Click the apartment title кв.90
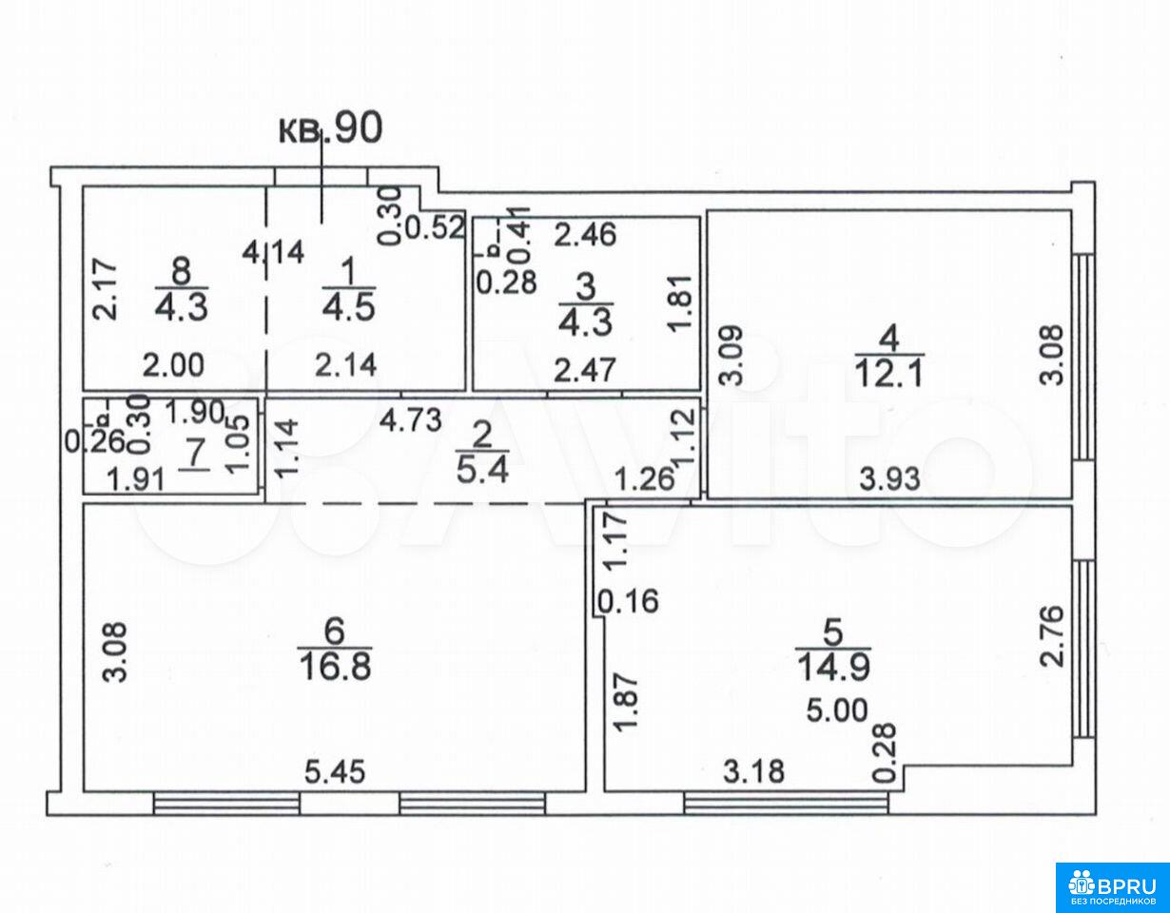coord(331,129)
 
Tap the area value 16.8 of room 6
coord(335,667)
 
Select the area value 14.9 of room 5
coord(833,668)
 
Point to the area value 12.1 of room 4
coord(889,373)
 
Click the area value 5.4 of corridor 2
coord(482,472)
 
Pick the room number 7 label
coord(194,454)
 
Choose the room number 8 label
coord(181,271)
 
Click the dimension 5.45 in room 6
coord(335,772)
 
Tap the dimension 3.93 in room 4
coord(889,478)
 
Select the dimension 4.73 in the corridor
coord(411,420)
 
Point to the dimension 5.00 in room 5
coord(837,710)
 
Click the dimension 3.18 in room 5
coord(753,771)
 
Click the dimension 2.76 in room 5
coord(1052,637)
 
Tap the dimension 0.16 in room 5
coord(629,601)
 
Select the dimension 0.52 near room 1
coord(434,227)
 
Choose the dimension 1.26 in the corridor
coord(645,478)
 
